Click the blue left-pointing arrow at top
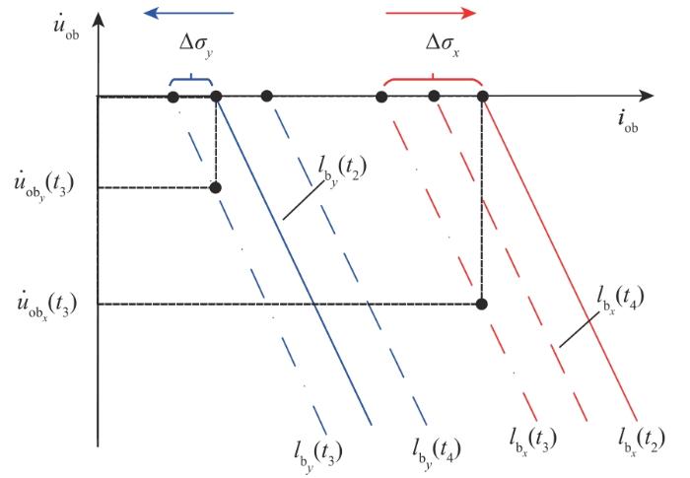pyautogui.click(x=188, y=13)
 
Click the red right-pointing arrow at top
pyautogui.click(x=431, y=13)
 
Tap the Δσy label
pyautogui.click(x=196, y=45)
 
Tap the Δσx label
pyautogui.click(x=443, y=45)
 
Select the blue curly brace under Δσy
pyautogui.click(x=190, y=79)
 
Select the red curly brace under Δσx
pyautogui.click(x=433, y=79)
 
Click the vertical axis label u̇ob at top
pyautogui.click(x=66, y=27)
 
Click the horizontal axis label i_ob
pyautogui.click(x=628, y=121)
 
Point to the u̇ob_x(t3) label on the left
pyautogui.click(x=46, y=305)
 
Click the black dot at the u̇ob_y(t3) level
pyautogui.click(x=215, y=188)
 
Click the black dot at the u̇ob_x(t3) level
pyautogui.click(x=482, y=304)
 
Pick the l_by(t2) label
pyautogui.click(x=342, y=170)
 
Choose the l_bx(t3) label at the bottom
pyautogui.click(x=533, y=442)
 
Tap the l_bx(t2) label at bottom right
pyautogui.click(x=641, y=442)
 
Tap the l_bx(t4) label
pyautogui.click(x=620, y=301)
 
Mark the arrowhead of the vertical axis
pyautogui.click(x=99, y=21)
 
